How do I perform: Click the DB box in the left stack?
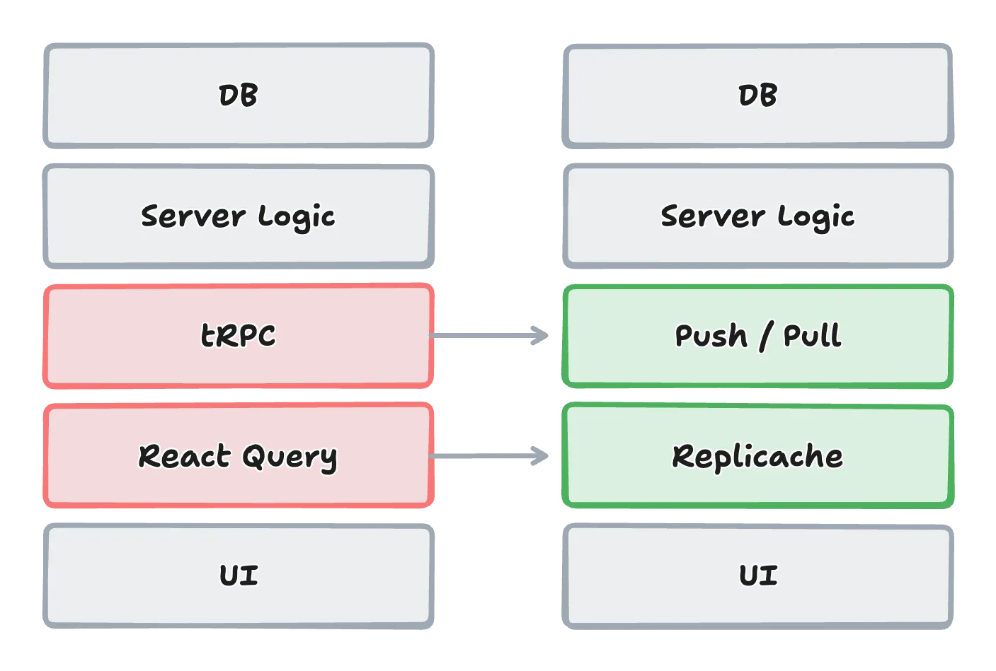tap(238, 95)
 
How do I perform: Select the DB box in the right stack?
tap(757, 95)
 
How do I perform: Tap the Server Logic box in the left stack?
tap(238, 216)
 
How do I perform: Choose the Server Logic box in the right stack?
tap(757, 216)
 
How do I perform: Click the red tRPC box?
tap(238, 336)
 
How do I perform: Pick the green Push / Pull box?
tap(757, 336)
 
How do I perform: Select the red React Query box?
tap(238, 456)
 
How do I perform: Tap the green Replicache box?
tap(757, 456)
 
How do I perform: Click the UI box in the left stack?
tap(238, 576)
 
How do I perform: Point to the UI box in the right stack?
tap(757, 576)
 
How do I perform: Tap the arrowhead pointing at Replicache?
tap(540, 456)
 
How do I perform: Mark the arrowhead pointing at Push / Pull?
tap(540, 334)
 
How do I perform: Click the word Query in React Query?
tap(290, 458)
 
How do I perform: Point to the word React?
tap(185, 456)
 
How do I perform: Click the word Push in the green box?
tap(711, 336)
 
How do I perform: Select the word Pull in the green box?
tap(813, 336)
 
